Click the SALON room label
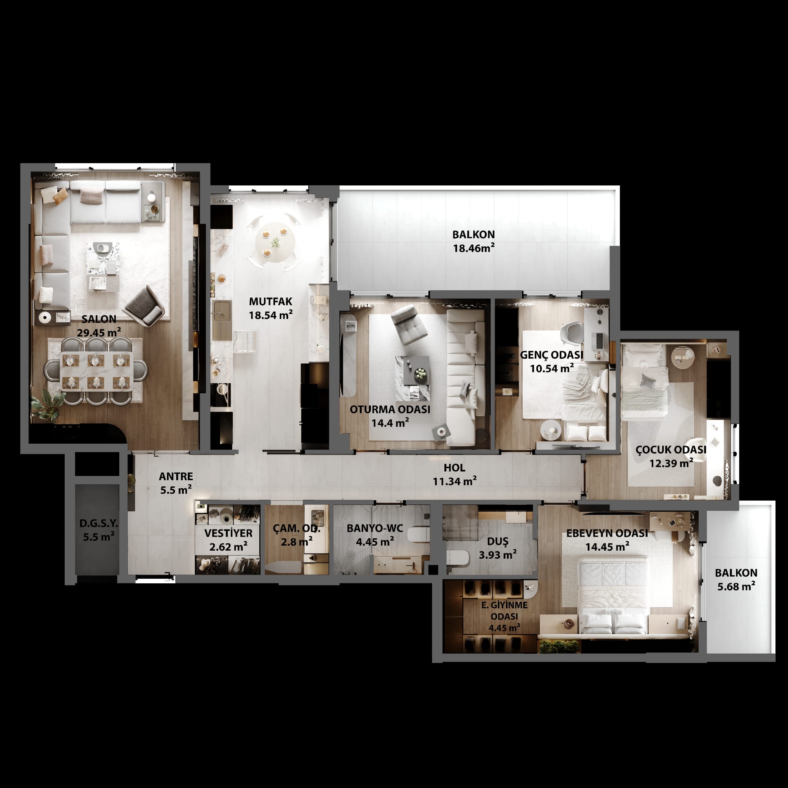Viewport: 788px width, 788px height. (99, 319)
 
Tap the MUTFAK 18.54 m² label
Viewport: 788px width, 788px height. (271, 308)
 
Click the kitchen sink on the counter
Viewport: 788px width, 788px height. (221, 311)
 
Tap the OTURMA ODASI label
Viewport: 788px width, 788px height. (390, 409)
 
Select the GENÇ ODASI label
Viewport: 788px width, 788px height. (551, 355)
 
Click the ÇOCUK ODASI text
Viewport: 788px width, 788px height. (671, 450)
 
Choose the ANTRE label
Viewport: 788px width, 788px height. (176, 476)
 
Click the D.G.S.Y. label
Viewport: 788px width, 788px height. (99, 523)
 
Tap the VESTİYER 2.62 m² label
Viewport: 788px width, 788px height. (229, 540)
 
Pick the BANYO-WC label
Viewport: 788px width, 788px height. (375, 529)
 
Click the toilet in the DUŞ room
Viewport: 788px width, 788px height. (457, 558)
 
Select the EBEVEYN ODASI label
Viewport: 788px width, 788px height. (607, 534)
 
